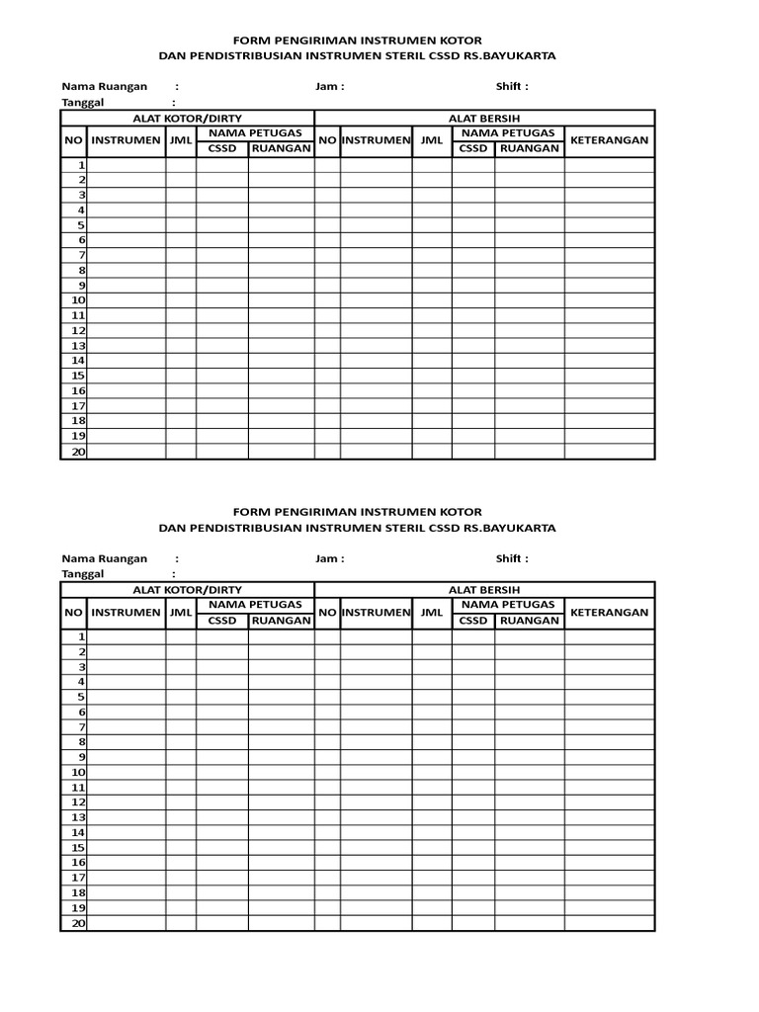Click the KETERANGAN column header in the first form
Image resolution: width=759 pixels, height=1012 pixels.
609,140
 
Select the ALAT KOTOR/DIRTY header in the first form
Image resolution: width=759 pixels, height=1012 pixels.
187,118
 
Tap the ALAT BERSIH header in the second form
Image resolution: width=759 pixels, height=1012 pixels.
484,590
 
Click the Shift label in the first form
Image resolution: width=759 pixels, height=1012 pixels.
512,86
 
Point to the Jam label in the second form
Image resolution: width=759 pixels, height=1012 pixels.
329,558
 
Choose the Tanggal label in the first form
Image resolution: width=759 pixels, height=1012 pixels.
83,102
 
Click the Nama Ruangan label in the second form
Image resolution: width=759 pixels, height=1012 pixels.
105,558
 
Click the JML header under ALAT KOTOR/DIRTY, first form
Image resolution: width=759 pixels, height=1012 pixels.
180,140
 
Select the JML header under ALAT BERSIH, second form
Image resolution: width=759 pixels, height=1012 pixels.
432,613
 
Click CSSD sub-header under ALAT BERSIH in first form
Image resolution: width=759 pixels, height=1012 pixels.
473,148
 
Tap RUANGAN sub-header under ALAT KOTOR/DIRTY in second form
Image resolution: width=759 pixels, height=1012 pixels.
281,621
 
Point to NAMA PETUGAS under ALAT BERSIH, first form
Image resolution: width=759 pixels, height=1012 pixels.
508,132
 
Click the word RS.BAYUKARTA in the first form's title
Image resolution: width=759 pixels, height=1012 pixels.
510,56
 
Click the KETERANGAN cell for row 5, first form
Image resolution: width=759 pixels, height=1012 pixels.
609,225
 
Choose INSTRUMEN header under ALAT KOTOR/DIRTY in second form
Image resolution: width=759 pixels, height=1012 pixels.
126,613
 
